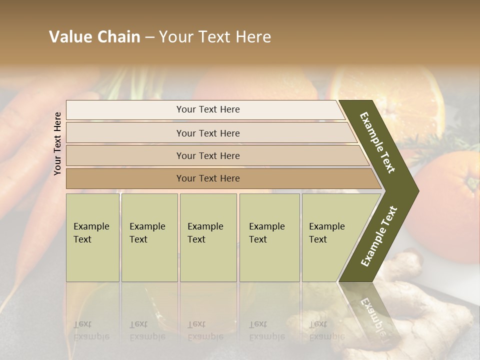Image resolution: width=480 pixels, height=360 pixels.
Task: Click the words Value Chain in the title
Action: click(x=94, y=37)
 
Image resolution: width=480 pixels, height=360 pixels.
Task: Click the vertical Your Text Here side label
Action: click(x=57, y=143)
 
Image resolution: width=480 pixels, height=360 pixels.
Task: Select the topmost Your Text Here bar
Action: click(x=207, y=109)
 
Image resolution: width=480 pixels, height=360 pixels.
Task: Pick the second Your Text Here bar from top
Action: click(x=207, y=133)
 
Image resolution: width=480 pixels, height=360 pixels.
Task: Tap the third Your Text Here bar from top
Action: click(x=207, y=155)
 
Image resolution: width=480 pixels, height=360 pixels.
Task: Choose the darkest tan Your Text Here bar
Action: click(x=207, y=178)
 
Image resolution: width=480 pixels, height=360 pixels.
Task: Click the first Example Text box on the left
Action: click(x=92, y=237)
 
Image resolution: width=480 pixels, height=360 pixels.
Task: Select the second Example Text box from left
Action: click(x=149, y=237)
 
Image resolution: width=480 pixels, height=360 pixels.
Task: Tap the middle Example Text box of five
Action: click(x=208, y=237)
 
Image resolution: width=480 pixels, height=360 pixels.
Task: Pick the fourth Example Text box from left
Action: click(x=269, y=237)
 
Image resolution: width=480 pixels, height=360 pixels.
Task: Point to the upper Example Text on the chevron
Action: click(x=377, y=142)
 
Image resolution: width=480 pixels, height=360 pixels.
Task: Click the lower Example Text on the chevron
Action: click(x=378, y=236)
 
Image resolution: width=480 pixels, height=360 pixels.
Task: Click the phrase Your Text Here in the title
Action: click(x=215, y=37)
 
